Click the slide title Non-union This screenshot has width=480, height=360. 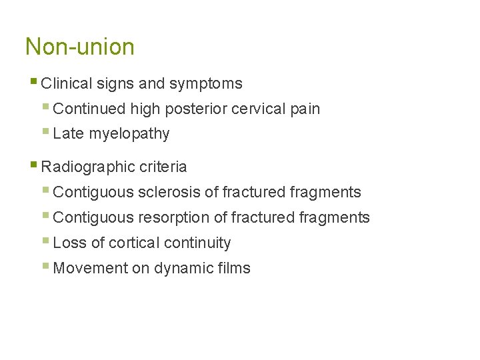79,47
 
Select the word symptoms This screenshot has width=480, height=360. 206,84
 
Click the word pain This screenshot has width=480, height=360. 305,109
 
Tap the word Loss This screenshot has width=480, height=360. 69,243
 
